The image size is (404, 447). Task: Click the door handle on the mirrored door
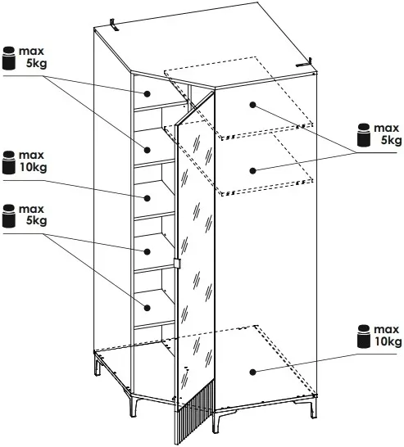click(177, 263)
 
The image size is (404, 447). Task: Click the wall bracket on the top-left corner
click(115, 25)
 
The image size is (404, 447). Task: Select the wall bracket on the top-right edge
click(304, 63)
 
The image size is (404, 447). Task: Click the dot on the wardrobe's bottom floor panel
click(252, 372)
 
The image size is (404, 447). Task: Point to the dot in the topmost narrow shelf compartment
click(147, 93)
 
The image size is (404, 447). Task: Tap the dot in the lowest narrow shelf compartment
click(147, 308)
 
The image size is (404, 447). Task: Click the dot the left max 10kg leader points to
click(147, 198)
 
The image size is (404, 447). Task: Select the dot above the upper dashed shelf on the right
click(252, 105)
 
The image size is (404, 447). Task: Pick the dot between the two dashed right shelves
click(252, 170)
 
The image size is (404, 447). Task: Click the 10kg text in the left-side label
click(33, 167)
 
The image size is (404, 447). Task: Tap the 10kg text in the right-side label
click(388, 341)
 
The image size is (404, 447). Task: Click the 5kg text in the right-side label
click(391, 141)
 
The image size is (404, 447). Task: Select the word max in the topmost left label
click(31, 52)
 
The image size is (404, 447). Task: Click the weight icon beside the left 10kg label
click(8, 162)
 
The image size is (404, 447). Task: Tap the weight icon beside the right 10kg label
click(364, 336)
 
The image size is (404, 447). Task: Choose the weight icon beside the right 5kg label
click(364, 135)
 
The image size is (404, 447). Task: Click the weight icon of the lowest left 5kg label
click(8, 216)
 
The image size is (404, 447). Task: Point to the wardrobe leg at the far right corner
click(313, 407)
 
